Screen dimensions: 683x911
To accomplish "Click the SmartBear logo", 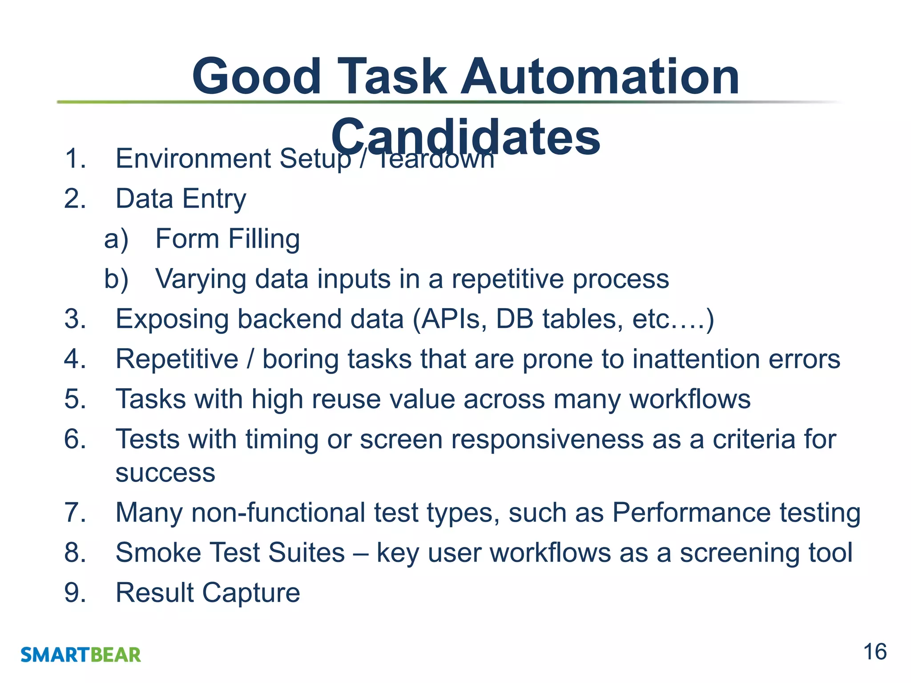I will pyautogui.click(x=81, y=655).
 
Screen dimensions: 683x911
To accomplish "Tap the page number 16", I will pyautogui.click(x=875, y=652).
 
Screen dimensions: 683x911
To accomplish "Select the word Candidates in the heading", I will pyautogui.click(x=465, y=137).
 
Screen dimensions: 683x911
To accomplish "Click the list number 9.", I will pyautogui.click(x=75, y=593).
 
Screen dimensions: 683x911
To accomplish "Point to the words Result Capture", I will pyautogui.click(x=208, y=593).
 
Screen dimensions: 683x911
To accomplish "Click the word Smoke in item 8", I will pyautogui.click(x=158, y=553).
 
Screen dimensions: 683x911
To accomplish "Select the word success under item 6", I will pyautogui.click(x=165, y=473).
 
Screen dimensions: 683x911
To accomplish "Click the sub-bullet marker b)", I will pyautogui.click(x=116, y=279).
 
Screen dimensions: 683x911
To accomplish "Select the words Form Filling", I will pyautogui.click(x=227, y=239).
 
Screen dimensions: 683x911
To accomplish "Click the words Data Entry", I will pyautogui.click(x=181, y=199).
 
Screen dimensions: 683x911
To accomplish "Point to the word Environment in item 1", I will pyautogui.click(x=193, y=159).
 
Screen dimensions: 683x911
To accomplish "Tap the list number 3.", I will pyautogui.click(x=75, y=319).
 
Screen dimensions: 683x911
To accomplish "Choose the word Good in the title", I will pyautogui.click(x=256, y=77).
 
